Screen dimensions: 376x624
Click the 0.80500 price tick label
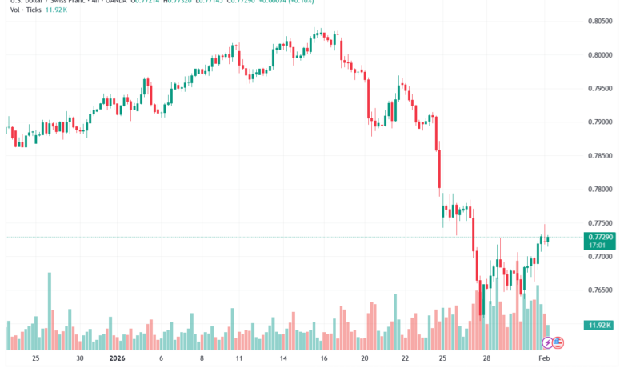(x=599, y=22)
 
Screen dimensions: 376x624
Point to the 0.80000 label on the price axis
(x=599, y=55)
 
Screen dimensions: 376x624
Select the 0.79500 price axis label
(x=599, y=89)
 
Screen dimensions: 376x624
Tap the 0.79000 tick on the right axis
(x=599, y=122)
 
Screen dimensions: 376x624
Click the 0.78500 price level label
(x=599, y=156)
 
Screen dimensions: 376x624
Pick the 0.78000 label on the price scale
(x=599, y=190)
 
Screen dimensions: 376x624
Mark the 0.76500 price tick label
(x=599, y=290)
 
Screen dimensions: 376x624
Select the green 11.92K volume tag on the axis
(x=599, y=326)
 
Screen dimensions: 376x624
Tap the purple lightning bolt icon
(x=548, y=342)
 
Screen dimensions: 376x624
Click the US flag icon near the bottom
(x=558, y=342)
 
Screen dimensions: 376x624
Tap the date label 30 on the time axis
(x=78, y=360)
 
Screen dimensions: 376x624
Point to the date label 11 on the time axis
(x=242, y=360)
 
